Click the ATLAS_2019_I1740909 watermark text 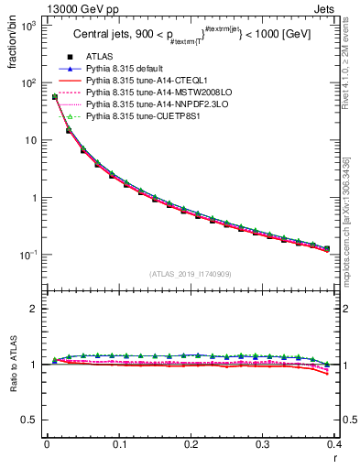pos(191,273)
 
